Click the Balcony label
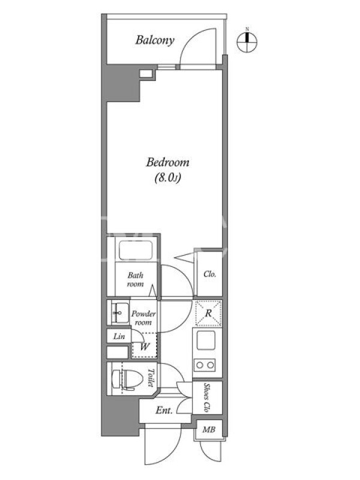[x=155, y=40]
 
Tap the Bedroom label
[x=167, y=162]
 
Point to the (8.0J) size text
[x=167, y=178]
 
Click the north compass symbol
[x=247, y=41]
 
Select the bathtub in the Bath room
[x=136, y=251]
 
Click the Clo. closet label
[x=209, y=274]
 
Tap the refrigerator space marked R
[x=208, y=313]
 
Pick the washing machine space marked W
[x=144, y=346]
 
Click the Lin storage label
[x=119, y=337]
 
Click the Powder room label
[x=143, y=318]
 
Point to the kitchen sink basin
[x=206, y=340]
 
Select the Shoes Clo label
[x=206, y=397]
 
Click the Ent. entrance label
[x=164, y=410]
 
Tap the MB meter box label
[x=209, y=430]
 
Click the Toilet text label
[x=151, y=377]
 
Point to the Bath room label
[x=136, y=280]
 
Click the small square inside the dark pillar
[x=145, y=73]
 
